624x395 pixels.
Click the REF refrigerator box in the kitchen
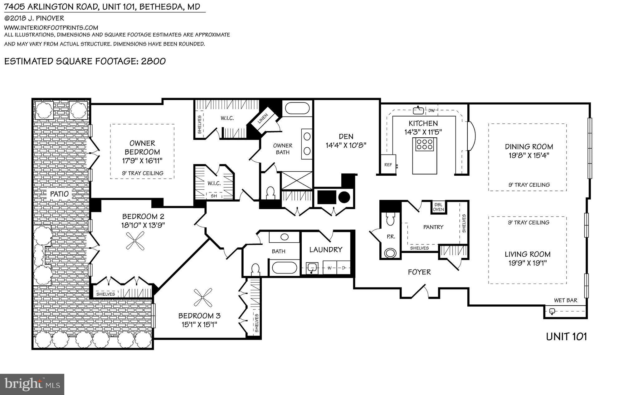point(388,164)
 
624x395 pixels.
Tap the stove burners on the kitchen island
point(425,145)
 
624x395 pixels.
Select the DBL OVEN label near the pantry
point(438,207)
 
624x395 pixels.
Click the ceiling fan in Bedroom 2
point(135,241)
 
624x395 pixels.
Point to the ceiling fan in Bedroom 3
point(202,298)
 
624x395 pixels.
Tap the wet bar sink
point(552,311)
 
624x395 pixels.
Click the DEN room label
point(346,136)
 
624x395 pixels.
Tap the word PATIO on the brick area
point(59,194)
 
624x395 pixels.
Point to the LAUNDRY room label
point(326,250)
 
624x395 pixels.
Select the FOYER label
point(419,272)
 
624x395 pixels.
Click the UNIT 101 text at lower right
point(566,336)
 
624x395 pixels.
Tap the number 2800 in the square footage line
point(153,61)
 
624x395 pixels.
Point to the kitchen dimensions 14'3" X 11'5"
point(423,132)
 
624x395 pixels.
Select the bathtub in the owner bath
point(297,109)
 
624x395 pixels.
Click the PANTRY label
point(433,227)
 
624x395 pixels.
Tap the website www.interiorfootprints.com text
point(51,27)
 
